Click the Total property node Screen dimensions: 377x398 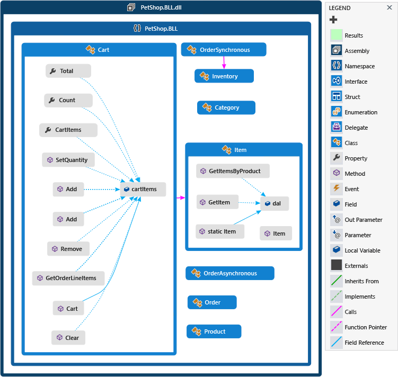click(68, 71)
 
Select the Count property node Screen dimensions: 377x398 click(68, 100)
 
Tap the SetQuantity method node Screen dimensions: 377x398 click(68, 160)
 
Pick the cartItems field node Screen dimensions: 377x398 click(143, 189)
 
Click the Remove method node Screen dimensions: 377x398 click(68, 248)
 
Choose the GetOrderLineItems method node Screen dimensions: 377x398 click(68, 278)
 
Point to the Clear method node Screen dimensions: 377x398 click(68, 338)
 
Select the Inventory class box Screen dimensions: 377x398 click(224, 76)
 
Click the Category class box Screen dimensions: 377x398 click(226, 107)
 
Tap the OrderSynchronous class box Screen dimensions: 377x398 click(224, 50)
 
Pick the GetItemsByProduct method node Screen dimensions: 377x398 click(233, 171)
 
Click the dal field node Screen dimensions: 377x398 click(275, 203)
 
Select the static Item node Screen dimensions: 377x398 click(220, 231)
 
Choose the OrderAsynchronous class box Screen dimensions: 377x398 click(230, 273)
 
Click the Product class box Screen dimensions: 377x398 click(214, 331)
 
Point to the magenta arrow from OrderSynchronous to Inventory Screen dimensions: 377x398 click(224, 62)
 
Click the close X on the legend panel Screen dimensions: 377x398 click(390, 8)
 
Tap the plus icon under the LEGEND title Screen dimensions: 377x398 click(333, 20)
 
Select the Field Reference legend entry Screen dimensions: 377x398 click(364, 343)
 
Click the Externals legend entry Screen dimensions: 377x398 click(356, 266)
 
